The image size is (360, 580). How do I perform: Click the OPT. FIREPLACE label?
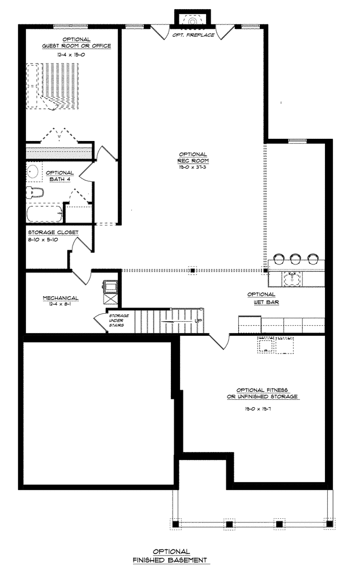pos(194,35)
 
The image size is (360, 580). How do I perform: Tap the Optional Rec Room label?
pos(193,157)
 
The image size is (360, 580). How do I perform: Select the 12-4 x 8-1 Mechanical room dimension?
pos(60,304)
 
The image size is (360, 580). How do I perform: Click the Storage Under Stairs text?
pos(119,321)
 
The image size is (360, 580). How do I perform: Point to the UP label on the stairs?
pos(199,321)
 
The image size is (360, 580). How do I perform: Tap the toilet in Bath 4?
pos(35,193)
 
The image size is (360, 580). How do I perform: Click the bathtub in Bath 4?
pos(44,214)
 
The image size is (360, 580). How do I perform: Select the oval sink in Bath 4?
pos(32,172)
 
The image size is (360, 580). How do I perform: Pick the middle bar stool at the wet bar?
pos(295,258)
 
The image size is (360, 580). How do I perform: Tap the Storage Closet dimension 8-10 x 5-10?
pos(43,240)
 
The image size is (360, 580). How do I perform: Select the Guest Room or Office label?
pos(76,42)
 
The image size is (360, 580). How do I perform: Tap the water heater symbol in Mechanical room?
pos(111,286)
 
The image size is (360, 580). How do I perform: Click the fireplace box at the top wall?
pos(192,19)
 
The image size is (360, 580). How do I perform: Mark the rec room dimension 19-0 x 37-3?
pos(192,167)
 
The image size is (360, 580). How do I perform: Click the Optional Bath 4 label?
pos(60,176)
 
